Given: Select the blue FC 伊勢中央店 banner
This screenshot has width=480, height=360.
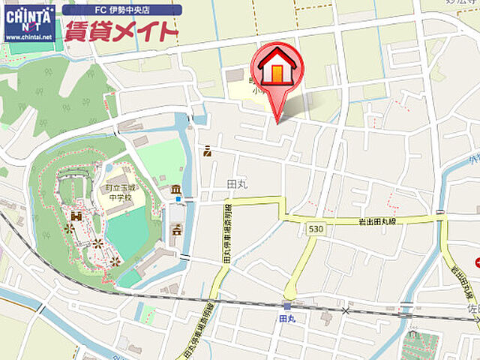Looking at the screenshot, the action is coord(121,10).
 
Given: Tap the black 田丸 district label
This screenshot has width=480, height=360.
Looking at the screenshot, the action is coord(235,183).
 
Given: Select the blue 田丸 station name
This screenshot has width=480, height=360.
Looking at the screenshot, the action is coord(287,319).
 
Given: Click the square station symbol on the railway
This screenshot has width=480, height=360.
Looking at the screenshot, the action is coord(287,305).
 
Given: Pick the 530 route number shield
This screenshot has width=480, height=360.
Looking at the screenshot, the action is coord(314,228).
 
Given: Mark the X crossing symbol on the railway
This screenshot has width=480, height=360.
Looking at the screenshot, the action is coord(346,309).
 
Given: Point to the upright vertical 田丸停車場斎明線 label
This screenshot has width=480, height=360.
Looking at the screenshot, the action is coord(227,232).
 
